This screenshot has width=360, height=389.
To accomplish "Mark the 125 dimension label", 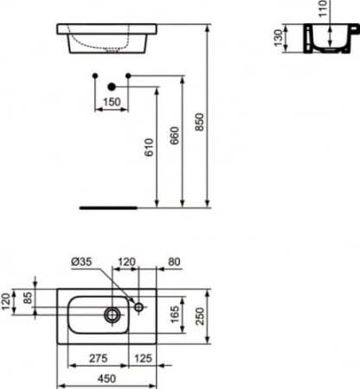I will [x=144, y=358].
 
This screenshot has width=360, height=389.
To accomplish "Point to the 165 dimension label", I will [x=176, y=313].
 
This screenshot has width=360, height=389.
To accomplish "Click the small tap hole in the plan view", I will [x=138, y=306].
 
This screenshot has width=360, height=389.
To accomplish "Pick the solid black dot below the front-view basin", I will [x=112, y=86].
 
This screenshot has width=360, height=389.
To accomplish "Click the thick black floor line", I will [x=108, y=208].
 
